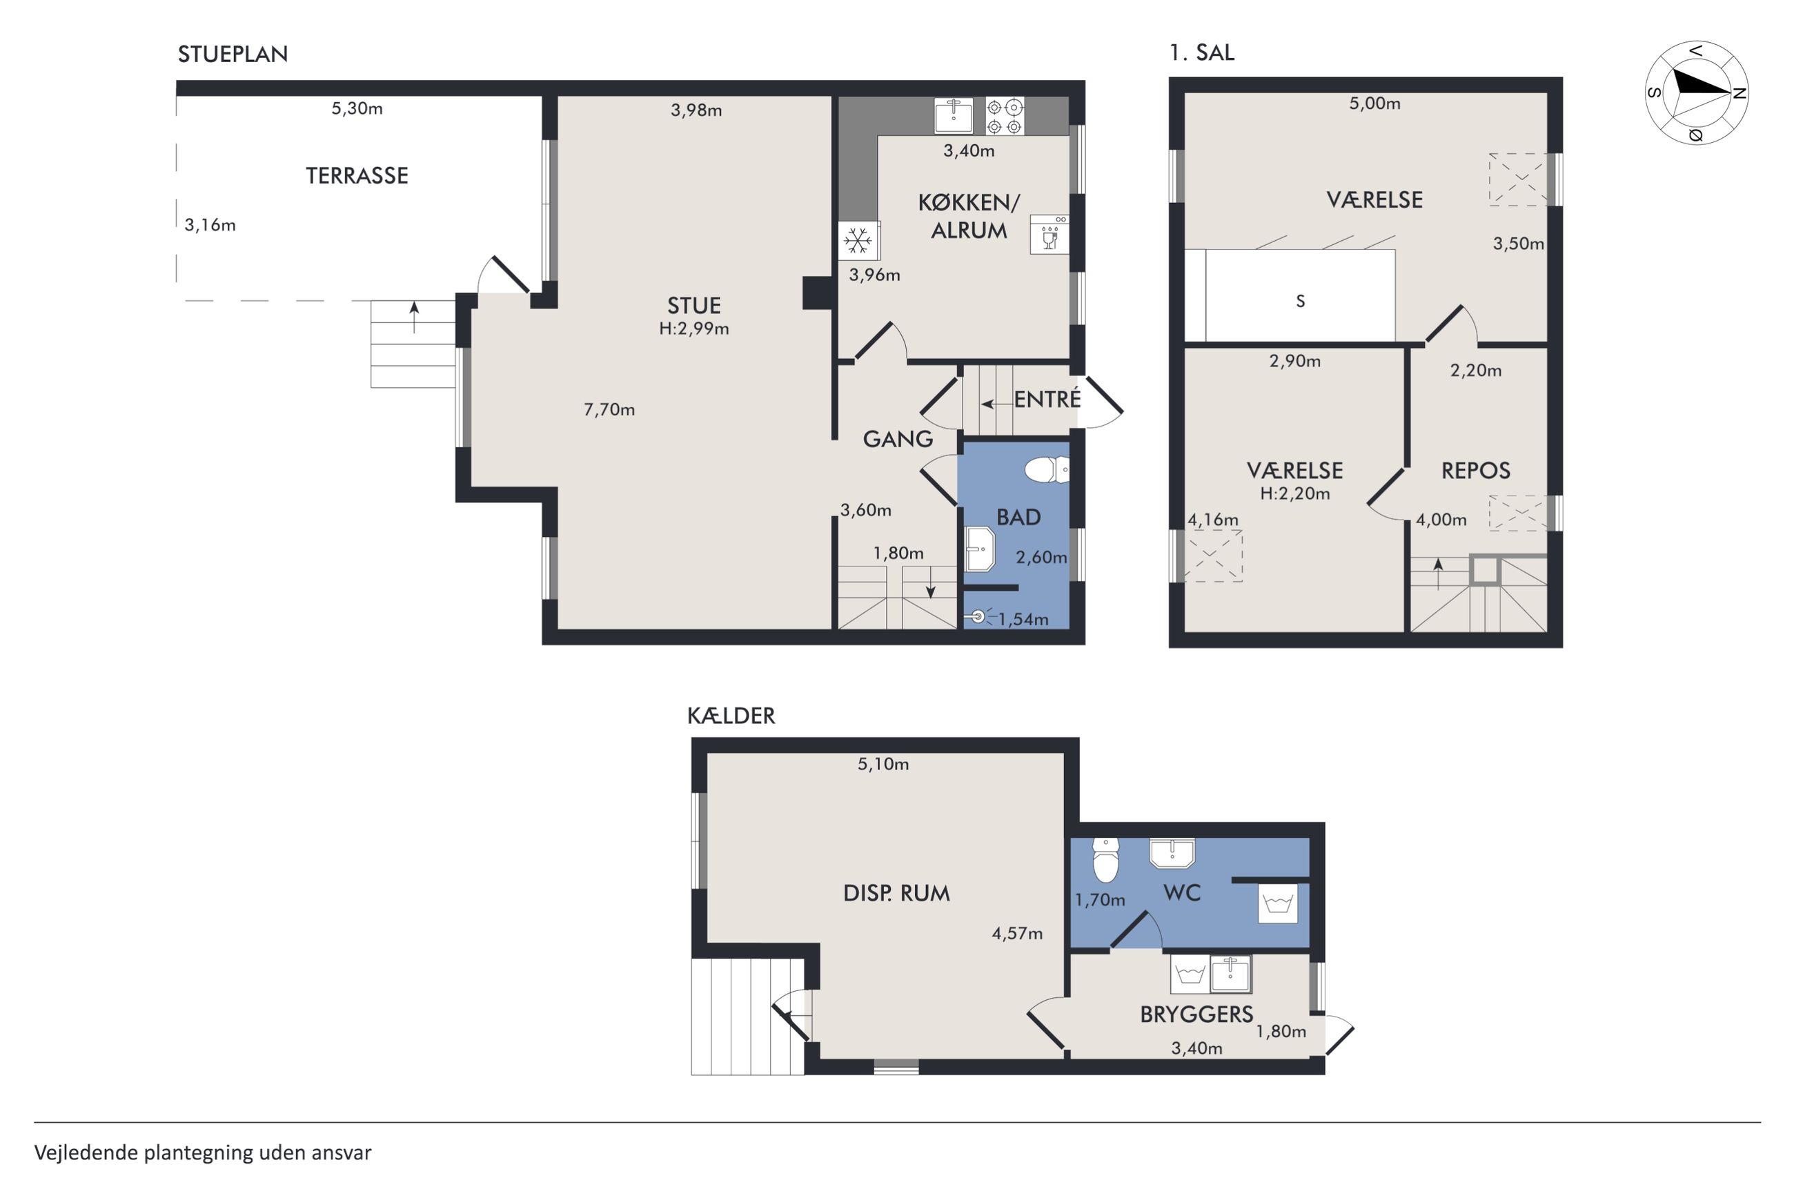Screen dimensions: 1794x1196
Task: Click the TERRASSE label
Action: pos(357,176)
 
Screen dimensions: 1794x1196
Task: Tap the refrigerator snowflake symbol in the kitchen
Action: pos(858,241)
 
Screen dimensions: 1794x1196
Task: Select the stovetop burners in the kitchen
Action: pos(1005,116)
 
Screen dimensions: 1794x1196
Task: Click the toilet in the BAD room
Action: pos(1047,470)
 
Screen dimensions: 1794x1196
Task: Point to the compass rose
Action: pos(1697,93)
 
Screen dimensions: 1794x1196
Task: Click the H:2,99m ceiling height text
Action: pos(694,329)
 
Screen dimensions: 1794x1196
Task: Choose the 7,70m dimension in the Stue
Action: pos(609,410)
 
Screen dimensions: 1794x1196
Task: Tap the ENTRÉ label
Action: pos(1047,399)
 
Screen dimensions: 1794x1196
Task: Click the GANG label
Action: pos(898,440)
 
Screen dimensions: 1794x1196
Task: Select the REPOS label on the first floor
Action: pos(1475,471)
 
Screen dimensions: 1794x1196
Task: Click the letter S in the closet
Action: pos(1301,302)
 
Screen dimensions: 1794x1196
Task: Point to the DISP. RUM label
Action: pos(896,893)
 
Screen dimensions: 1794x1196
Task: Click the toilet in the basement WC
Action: pos(1105,860)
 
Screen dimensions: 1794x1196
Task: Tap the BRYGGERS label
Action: pos(1196,1014)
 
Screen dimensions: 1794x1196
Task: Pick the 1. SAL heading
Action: pos(1201,52)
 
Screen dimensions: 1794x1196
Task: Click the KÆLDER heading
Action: pos(731,716)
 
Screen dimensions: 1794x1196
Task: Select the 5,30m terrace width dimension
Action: pos(357,108)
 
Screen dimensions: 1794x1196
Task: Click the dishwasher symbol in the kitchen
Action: pos(1049,234)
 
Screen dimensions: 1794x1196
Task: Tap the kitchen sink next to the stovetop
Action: pos(954,116)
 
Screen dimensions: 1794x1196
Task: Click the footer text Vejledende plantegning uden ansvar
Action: pos(203,1152)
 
